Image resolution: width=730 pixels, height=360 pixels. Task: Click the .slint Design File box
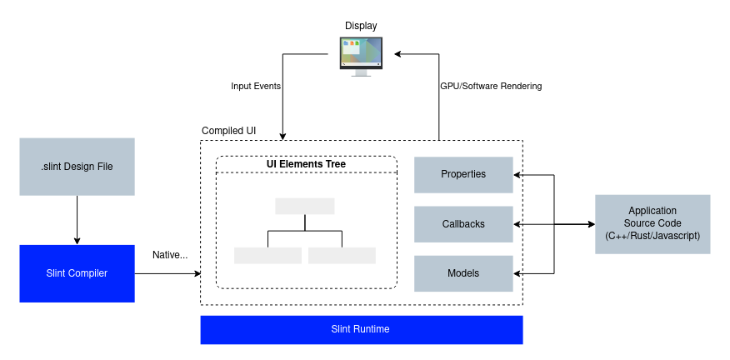pyautogui.click(x=77, y=167)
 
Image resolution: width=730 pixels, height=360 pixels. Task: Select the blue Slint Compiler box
pyautogui.click(x=77, y=273)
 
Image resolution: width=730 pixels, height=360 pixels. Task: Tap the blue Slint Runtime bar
pyautogui.click(x=361, y=329)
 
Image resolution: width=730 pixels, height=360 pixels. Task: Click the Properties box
pyautogui.click(x=463, y=174)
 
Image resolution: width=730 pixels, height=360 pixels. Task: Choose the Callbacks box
pyautogui.click(x=463, y=224)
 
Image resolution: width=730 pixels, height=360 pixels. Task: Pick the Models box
pyautogui.click(x=463, y=273)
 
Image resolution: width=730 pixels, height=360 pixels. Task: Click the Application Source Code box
pyautogui.click(x=652, y=224)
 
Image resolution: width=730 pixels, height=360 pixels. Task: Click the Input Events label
pyautogui.click(x=256, y=86)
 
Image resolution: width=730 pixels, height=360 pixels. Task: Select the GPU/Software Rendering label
pyautogui.click(x=491, y=86)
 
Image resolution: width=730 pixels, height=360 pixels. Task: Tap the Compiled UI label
pyautogui.click(x=228, y=132)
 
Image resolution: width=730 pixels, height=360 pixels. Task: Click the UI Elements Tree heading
pyautogui.click(x=306, y=164)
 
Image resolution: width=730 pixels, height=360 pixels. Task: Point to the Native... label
pyautogui.click(x=170, y=254)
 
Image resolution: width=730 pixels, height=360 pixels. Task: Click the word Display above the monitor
pyautogui.click(x=361, y=26)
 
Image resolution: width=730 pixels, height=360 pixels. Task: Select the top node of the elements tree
pyautogui.click(x=304, y=206)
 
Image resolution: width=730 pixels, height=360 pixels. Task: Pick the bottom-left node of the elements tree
pyautogui.click(x=267, y=255)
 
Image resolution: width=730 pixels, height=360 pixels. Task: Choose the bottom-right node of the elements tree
pyautogui.click(x=342, y=255)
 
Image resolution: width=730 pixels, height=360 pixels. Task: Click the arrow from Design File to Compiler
pyautogui.click(x=77, y=220)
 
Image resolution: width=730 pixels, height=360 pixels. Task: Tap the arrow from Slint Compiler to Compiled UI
pyautogui.click(x=167, y=273)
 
